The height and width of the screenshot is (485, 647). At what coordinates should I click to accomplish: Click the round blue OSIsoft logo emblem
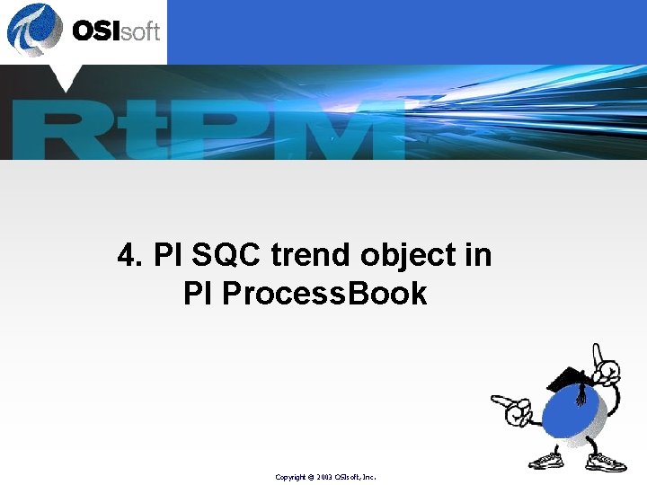(34, 29)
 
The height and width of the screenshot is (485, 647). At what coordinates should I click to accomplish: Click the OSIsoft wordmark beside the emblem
(115, 31)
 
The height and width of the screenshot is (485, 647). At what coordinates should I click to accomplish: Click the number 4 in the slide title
(127, 256)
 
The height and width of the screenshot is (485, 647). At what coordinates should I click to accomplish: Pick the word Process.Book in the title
(328, 294)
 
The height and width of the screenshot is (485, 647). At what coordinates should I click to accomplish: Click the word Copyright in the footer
(291, 477)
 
